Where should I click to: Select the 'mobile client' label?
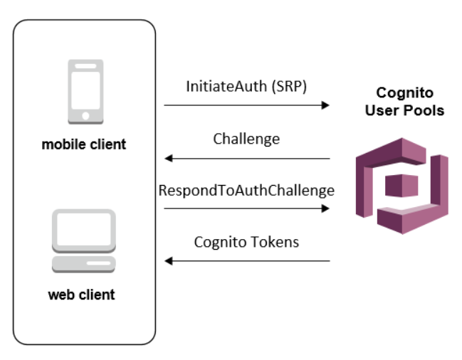84,145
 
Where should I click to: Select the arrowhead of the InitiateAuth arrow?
326,105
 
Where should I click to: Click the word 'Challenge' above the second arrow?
246,139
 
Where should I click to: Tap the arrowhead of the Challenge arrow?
169,158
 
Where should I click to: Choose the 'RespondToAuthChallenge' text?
246,190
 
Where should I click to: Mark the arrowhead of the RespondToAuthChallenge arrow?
326,208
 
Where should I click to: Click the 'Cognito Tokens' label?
246,242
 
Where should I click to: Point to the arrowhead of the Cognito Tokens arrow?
169,261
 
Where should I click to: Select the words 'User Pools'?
404,111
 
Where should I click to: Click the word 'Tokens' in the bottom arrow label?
274,242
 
